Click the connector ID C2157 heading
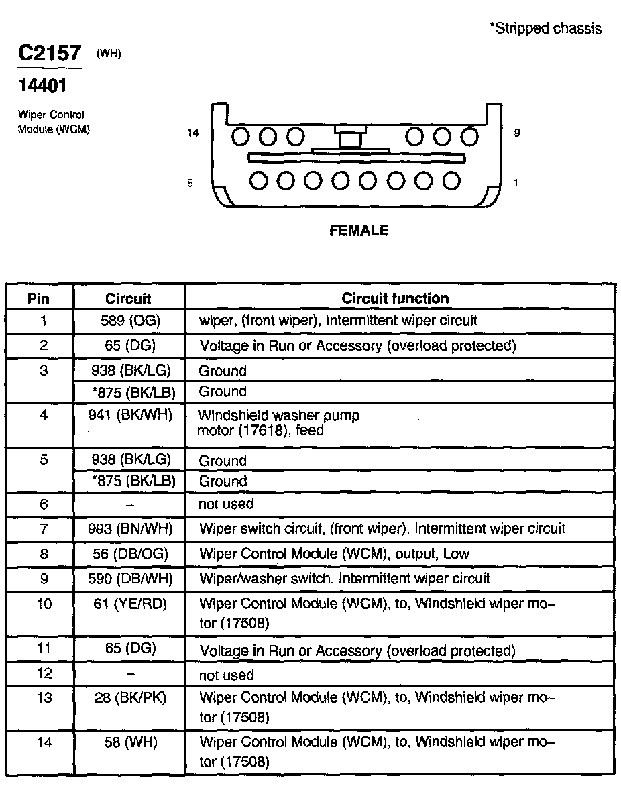(x=50, y=53)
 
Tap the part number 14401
(x=42, y=86)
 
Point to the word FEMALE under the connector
(x=359, y=231)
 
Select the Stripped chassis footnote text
(x=545, y=29)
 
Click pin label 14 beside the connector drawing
(x=193, y=133)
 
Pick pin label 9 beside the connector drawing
(x=516, y=133)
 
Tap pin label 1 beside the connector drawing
(x=516, y=182)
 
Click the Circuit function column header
(x=395, y=298)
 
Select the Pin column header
(x=38, y=299)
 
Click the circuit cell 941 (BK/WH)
(x=130, y=415)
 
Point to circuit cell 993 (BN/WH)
(x=130, y=529)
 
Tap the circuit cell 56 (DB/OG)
(x=130, y=554)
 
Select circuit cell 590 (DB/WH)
(x=130, y=578)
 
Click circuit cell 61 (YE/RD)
(x=130, y=604)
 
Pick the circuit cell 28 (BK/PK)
(x=130, y=698)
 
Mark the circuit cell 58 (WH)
(x=130, y=742)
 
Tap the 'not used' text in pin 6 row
(x=226, y=504)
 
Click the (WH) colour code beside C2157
(x=109, y=54)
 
